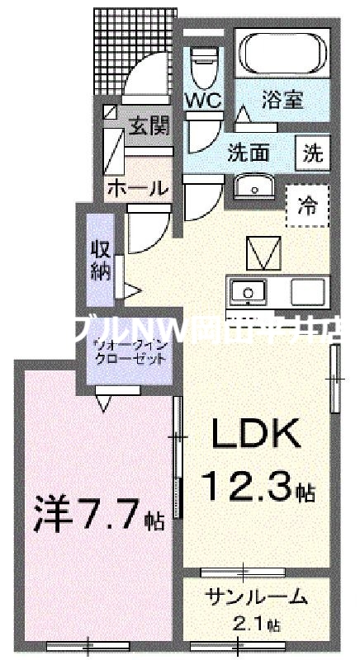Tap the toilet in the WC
point(200,66)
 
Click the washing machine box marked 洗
point(314,152)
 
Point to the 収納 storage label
point(100,261)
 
